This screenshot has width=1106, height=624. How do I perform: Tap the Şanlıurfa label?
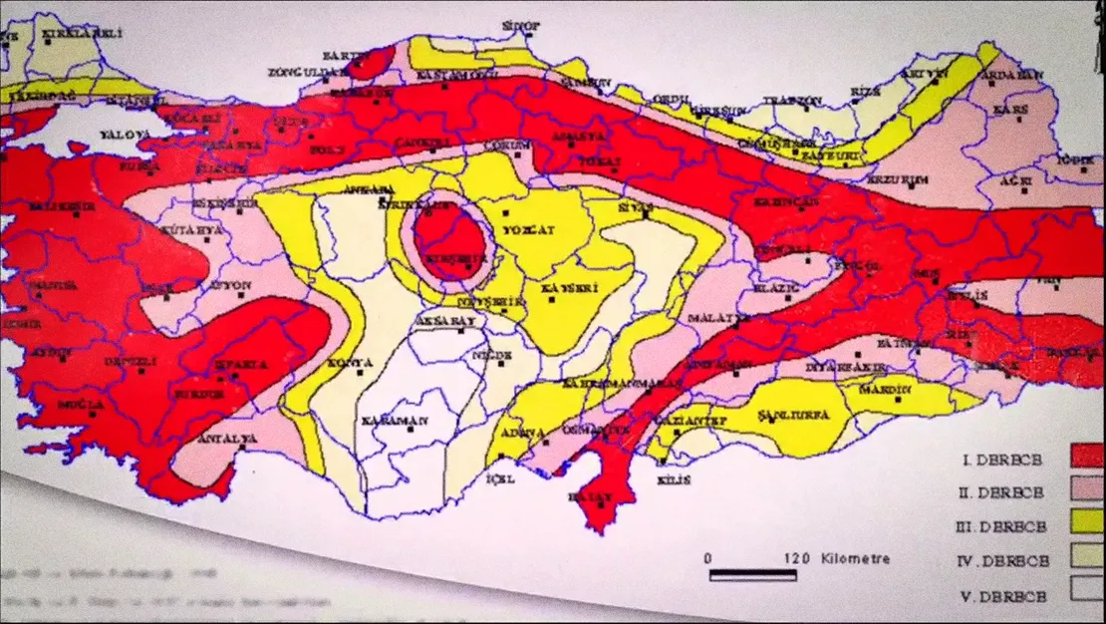pyautogui.click(x=787, y=414)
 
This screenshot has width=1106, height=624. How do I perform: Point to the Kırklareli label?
pyautogui.click(x=82, y=34)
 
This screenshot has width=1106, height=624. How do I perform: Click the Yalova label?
pyautogui.click(x=124, y=135)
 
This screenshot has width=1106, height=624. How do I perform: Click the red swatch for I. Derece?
pyautogui.click(x=1086, y=457)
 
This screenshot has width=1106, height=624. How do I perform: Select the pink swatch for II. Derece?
pyautogui.click(x=1086, y=488)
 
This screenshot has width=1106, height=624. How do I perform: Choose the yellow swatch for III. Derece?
pyautogui.click(x=1086, y=521)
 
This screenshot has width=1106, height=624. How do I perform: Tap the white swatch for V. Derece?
pyautogui.click(x=1086, y=588)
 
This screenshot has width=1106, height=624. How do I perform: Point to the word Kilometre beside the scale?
pyautogui.click(x=855, y=558)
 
